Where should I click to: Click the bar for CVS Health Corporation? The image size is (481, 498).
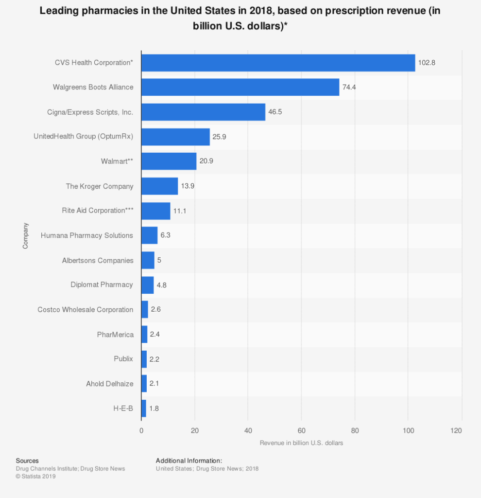[278, 63]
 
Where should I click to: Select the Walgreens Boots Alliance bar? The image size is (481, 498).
[240, 88]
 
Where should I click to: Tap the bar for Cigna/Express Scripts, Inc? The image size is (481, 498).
[203, 112]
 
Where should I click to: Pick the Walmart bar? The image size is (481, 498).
[169, 161]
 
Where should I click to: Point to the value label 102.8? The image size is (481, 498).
[427, 63]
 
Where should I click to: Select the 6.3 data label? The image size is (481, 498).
[165, 235]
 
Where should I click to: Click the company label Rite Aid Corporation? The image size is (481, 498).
[97, 211]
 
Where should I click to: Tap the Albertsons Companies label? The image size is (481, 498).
[98, 260]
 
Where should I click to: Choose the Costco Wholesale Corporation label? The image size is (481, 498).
[85, 310]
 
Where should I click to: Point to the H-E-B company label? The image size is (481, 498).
[123, 409]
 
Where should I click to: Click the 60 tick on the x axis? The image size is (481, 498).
[301, 430]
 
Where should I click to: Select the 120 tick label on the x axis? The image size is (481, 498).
[456, 430]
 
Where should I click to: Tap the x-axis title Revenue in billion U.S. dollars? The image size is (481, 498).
[301, 443]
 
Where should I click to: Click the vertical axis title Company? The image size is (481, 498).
[25, 236]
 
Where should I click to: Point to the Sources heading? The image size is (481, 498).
[27, 461]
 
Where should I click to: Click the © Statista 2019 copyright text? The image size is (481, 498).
[36, 477]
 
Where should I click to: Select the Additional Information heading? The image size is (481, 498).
[189, 461]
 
